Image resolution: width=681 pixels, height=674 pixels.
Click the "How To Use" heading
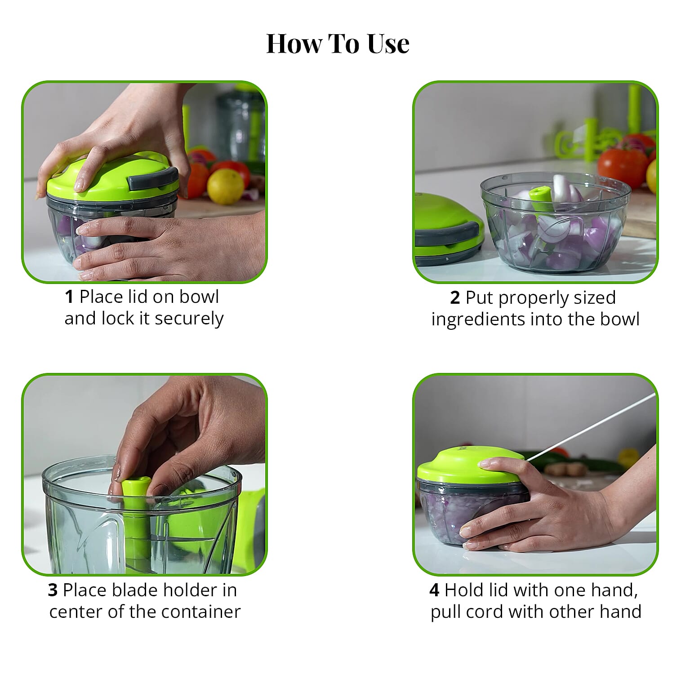pos(338,44)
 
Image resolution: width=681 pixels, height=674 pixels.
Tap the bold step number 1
pos(69,297)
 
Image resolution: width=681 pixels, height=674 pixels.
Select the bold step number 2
pos(455,298)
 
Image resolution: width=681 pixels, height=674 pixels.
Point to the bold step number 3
pos(53,590)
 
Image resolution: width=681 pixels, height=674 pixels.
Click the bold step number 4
pos(434,590)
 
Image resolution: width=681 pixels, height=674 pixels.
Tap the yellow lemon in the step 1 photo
pos(225,186)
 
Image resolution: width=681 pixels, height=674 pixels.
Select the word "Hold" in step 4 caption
pos(463,590)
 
